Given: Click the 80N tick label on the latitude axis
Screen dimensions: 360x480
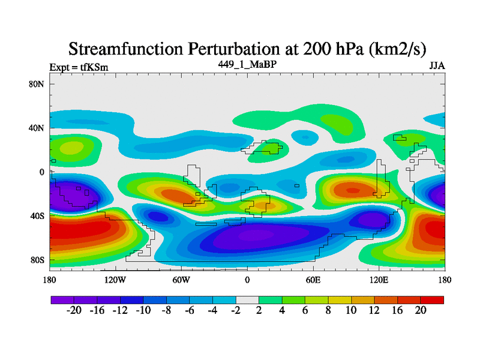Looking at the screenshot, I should [x=37, y=84].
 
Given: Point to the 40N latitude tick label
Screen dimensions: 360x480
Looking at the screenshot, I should [x=37, y=128].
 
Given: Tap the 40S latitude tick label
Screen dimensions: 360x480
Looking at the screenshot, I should [x=37, y=216].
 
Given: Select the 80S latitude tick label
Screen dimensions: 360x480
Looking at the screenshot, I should [x=37, y=260].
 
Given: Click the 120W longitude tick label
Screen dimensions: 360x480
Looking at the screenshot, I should [x=115, y=280].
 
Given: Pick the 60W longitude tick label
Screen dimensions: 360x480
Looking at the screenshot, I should [x=181, y=280].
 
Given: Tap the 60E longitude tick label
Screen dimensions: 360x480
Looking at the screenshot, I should [x=313, y=280].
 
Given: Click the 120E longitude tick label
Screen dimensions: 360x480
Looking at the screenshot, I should [x=379, y=280].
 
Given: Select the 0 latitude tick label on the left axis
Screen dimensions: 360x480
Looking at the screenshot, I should [x=42, y=172].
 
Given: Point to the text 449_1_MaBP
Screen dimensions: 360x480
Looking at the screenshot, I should [x=247, y=64].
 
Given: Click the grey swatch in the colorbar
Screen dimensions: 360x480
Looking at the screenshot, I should [x=247, y=299].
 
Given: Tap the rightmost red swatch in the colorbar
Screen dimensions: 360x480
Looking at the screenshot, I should [x=432, y=299].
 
